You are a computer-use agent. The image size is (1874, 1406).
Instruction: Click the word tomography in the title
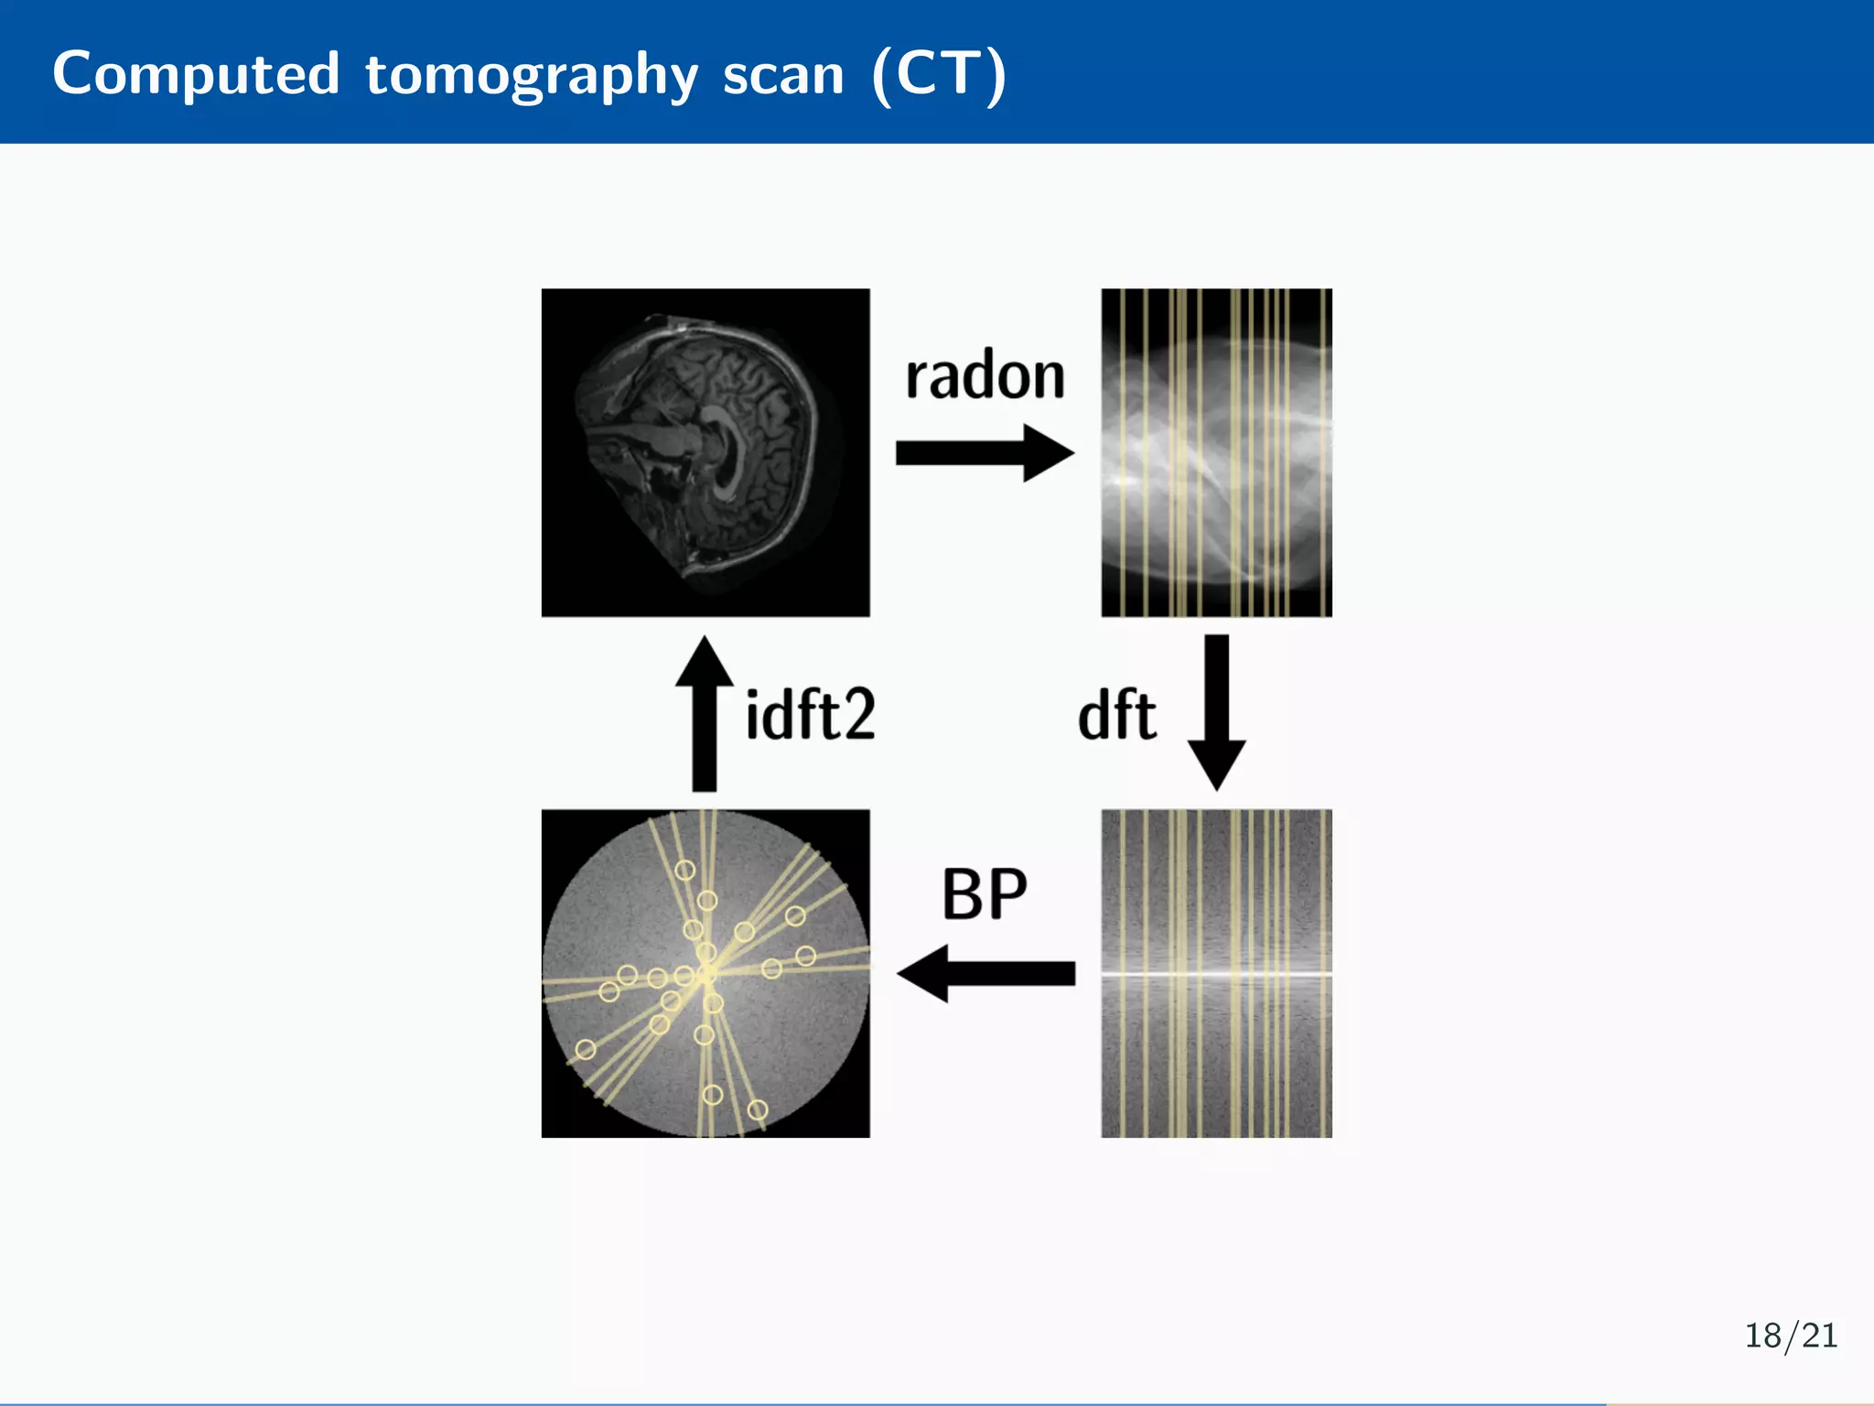(532, 75)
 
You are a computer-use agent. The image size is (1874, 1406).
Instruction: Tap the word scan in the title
(783, 75)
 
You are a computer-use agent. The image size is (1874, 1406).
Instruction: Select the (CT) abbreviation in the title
(939, 75)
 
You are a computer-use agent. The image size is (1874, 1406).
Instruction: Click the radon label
(985, 376)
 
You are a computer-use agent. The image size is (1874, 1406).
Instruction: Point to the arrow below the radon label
(984, 452)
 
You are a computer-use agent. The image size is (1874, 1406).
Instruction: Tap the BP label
(985, 894)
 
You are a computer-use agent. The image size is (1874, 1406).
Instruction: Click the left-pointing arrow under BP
(985, 973)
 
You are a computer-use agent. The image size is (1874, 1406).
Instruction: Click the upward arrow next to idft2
(704, 713)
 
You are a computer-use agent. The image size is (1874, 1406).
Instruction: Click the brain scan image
(705, 452)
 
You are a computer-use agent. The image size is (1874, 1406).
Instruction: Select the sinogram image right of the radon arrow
(1216, 452)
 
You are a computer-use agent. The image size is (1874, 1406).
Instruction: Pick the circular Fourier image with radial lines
(705, 973)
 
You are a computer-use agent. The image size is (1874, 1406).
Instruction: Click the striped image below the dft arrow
(1216, 1053)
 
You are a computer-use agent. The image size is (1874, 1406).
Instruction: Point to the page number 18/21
(1791, 1336)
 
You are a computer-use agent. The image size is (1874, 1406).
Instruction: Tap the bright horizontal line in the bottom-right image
(1216, 973)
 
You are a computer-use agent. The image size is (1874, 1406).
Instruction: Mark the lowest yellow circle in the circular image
(758, 1109)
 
